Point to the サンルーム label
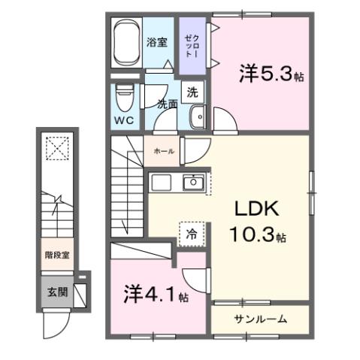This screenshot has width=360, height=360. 259,319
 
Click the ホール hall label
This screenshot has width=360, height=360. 163,151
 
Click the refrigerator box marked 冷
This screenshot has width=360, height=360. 191,234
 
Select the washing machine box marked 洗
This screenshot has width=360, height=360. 192,92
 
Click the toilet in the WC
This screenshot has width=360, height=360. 125,97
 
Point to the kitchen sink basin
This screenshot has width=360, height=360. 194,182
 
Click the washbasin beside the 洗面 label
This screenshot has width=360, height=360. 198,116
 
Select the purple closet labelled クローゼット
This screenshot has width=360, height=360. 191,47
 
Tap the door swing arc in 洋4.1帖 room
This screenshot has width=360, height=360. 194,280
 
